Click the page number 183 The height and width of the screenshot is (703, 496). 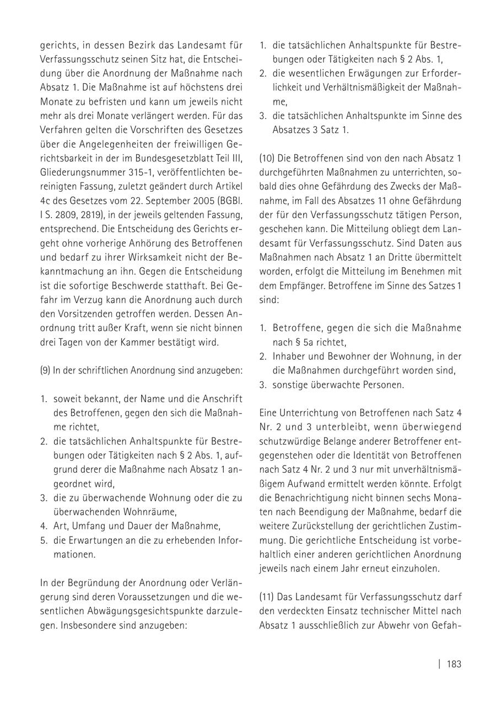(x=454, y=664)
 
